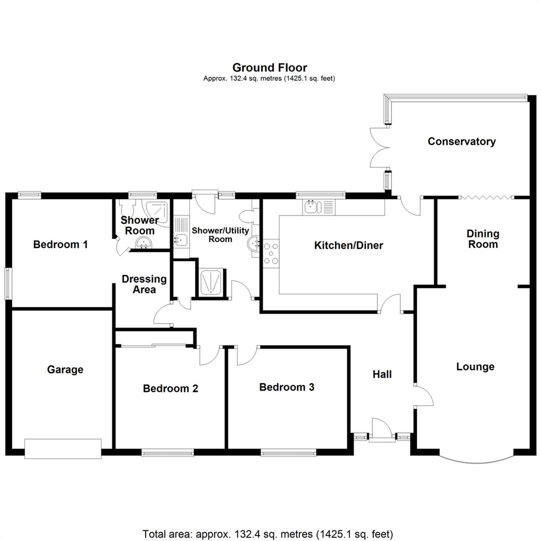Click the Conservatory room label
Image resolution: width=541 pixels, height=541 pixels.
click(461, 141)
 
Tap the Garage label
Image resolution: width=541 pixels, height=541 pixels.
click(65, 370)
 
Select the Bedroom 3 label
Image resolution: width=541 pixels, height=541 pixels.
click(287, 387)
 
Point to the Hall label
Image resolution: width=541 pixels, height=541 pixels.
click(382, 374)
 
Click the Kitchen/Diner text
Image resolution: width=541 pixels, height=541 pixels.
click(348, 245)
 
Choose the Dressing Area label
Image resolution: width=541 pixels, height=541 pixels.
click(144, 284)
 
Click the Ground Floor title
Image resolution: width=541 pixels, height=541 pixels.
click(269, 68)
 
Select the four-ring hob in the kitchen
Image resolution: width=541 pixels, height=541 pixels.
click(271, 253)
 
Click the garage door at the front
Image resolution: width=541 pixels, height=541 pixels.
click(63, 448)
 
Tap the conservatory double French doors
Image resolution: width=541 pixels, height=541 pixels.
click(380, 147)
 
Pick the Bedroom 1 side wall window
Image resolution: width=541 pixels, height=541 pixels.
click(8, 284)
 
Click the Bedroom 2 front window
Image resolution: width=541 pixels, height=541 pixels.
click(167, 453)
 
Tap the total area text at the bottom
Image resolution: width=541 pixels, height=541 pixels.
click(267, 534)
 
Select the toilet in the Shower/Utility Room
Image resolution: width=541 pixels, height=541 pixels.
click(248, 216)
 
